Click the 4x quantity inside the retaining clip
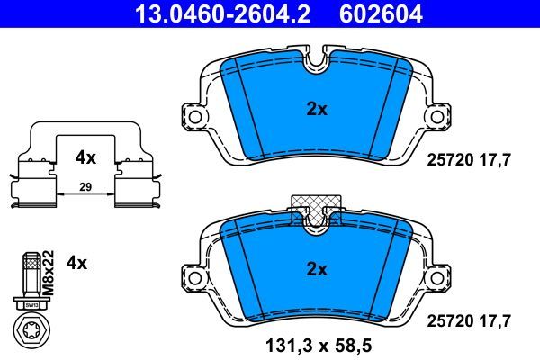click(85, 157)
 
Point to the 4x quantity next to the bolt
click(77, 263)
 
